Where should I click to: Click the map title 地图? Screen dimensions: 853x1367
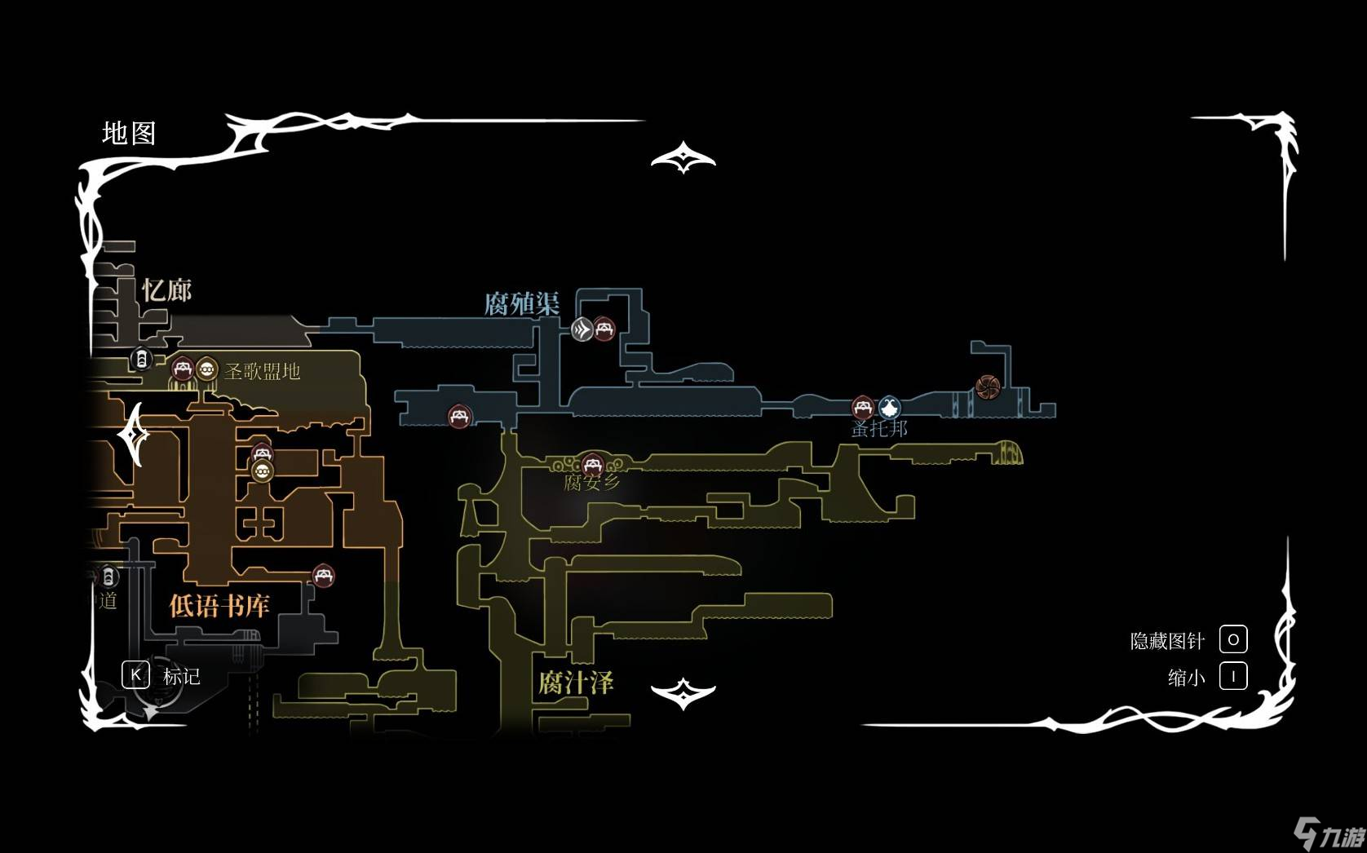(129, 133)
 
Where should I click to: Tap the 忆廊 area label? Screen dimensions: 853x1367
(166, 289)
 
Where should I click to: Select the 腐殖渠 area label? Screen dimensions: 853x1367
(522, 304)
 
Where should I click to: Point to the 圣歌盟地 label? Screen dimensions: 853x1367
(262, 372)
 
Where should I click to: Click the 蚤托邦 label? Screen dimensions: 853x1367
(879, 428)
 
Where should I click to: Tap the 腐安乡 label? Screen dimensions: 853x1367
(592, 482)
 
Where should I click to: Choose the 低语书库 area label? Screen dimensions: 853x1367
(219, 605)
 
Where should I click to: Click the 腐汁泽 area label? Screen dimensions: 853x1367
(575, 683)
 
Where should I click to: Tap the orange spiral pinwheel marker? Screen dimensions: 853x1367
(987, 387)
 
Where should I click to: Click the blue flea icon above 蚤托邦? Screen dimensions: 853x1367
(889, 406)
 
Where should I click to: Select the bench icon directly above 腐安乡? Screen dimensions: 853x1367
(592, 464)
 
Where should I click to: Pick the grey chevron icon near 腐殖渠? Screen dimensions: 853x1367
(582, 329)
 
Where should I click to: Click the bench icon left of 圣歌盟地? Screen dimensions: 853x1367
(182, 369)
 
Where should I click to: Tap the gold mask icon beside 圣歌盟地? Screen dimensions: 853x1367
(206, 369)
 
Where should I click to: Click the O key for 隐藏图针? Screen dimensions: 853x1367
(1232, 640)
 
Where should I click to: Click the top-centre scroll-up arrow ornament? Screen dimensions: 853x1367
(683, 157)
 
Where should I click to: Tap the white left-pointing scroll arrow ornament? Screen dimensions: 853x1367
(135, 435)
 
